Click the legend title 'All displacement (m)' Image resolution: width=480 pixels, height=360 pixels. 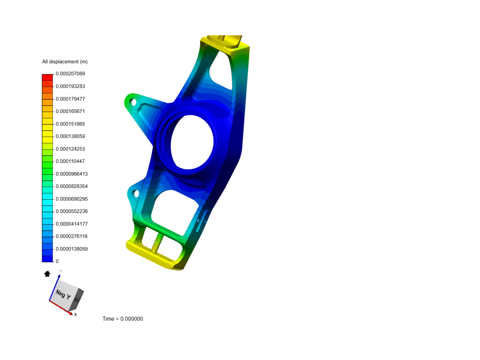tap(65, 62)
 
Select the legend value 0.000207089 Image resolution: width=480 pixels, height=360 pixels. tap(70, 74)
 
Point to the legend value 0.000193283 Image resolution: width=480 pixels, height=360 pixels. tap(70, 86)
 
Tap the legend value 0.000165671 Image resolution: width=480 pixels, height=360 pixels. tap(70, 111)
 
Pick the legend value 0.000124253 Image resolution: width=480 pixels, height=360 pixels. tap(70, 149)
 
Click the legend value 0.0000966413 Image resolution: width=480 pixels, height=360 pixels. tap(72, 174)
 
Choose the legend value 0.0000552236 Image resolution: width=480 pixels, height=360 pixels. tap(72, 211)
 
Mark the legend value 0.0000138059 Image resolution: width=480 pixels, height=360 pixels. tap(72, 249)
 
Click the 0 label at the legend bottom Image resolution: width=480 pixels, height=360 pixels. tap(57, 261)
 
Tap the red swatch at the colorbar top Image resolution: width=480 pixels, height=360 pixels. tap(47, 77)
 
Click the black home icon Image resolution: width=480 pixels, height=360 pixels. tap(47, 274)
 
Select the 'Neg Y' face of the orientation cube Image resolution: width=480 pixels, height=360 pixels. tap(63, 294)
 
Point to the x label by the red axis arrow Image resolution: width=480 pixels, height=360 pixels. tap(76, 314)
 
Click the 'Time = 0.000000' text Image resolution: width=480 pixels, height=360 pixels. tap(123, 319)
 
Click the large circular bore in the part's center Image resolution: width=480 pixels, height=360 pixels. tap(192, 142)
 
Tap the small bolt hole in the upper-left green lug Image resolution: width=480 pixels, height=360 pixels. tap(134, 102)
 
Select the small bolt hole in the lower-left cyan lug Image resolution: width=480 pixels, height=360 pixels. tap(136, 193)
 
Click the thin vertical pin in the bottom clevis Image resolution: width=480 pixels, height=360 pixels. tap(157, 243)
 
